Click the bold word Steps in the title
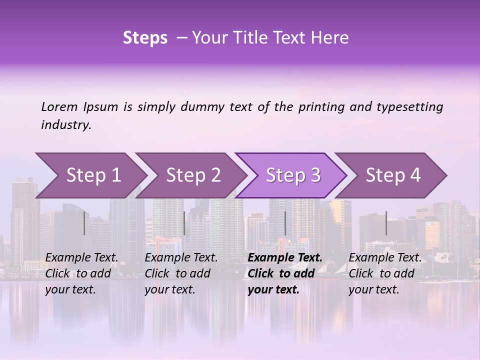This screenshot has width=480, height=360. pos(145,38)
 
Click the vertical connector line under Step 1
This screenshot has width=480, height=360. pos(84,223)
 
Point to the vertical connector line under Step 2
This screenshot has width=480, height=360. pos(184,223)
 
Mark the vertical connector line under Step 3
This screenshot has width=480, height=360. pos(285,223)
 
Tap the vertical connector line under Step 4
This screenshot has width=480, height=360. pos(386,223)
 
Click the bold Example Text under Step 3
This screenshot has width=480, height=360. pos(285,257)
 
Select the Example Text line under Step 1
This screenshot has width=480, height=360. pos(81,257)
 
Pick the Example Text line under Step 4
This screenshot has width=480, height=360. pos(385,257)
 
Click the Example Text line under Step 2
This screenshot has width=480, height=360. pos(181,257)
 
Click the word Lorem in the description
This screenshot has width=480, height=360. pos(59,106)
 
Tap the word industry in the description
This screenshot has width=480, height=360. pos(65,124)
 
